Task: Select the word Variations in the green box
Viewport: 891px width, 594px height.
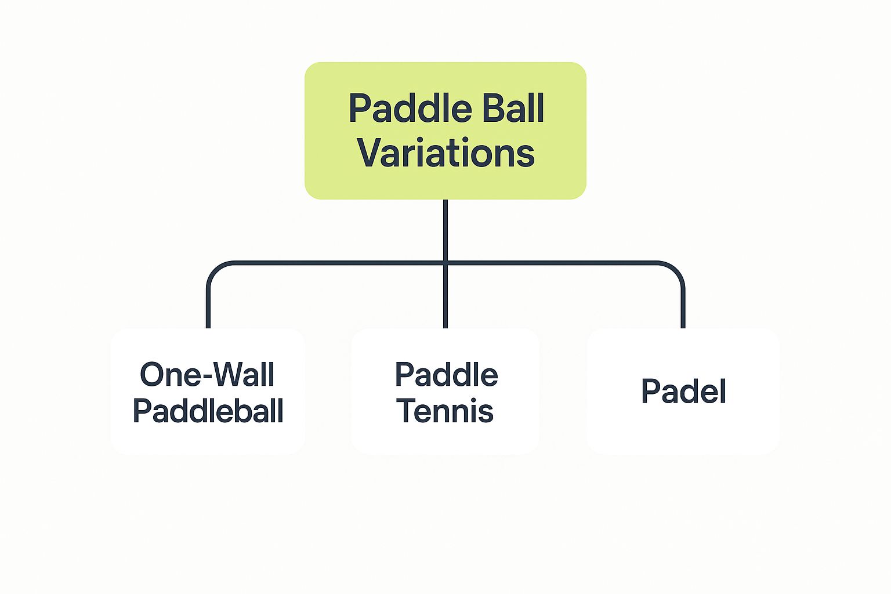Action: pos(445,153)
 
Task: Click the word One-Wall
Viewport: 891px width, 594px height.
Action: pos(207,375)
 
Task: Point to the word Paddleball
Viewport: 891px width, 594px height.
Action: pos(208,411)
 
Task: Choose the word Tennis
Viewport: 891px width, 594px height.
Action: pos(445,411)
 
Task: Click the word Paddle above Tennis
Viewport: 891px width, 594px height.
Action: pos(446,375)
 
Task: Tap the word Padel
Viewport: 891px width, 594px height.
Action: pos(683,392)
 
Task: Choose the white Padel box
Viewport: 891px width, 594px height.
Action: pos(683,429)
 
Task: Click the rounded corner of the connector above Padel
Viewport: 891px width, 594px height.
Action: pos(676,270)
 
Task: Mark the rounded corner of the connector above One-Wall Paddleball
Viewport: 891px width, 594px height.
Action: pos(215,270)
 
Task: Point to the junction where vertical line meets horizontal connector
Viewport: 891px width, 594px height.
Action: pos(445,263)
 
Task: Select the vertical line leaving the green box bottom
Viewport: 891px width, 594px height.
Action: pos(445,229)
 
